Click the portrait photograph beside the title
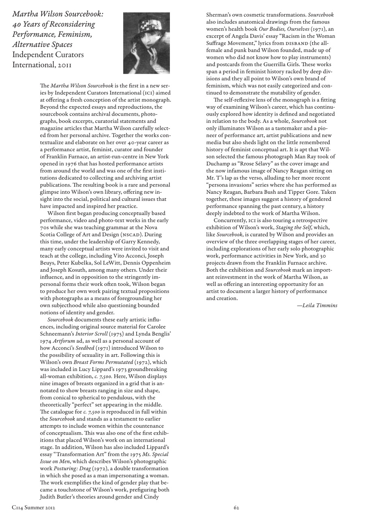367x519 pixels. pos(146,43)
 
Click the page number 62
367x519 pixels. pos(237,507)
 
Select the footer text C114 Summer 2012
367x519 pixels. pos(34,507)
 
